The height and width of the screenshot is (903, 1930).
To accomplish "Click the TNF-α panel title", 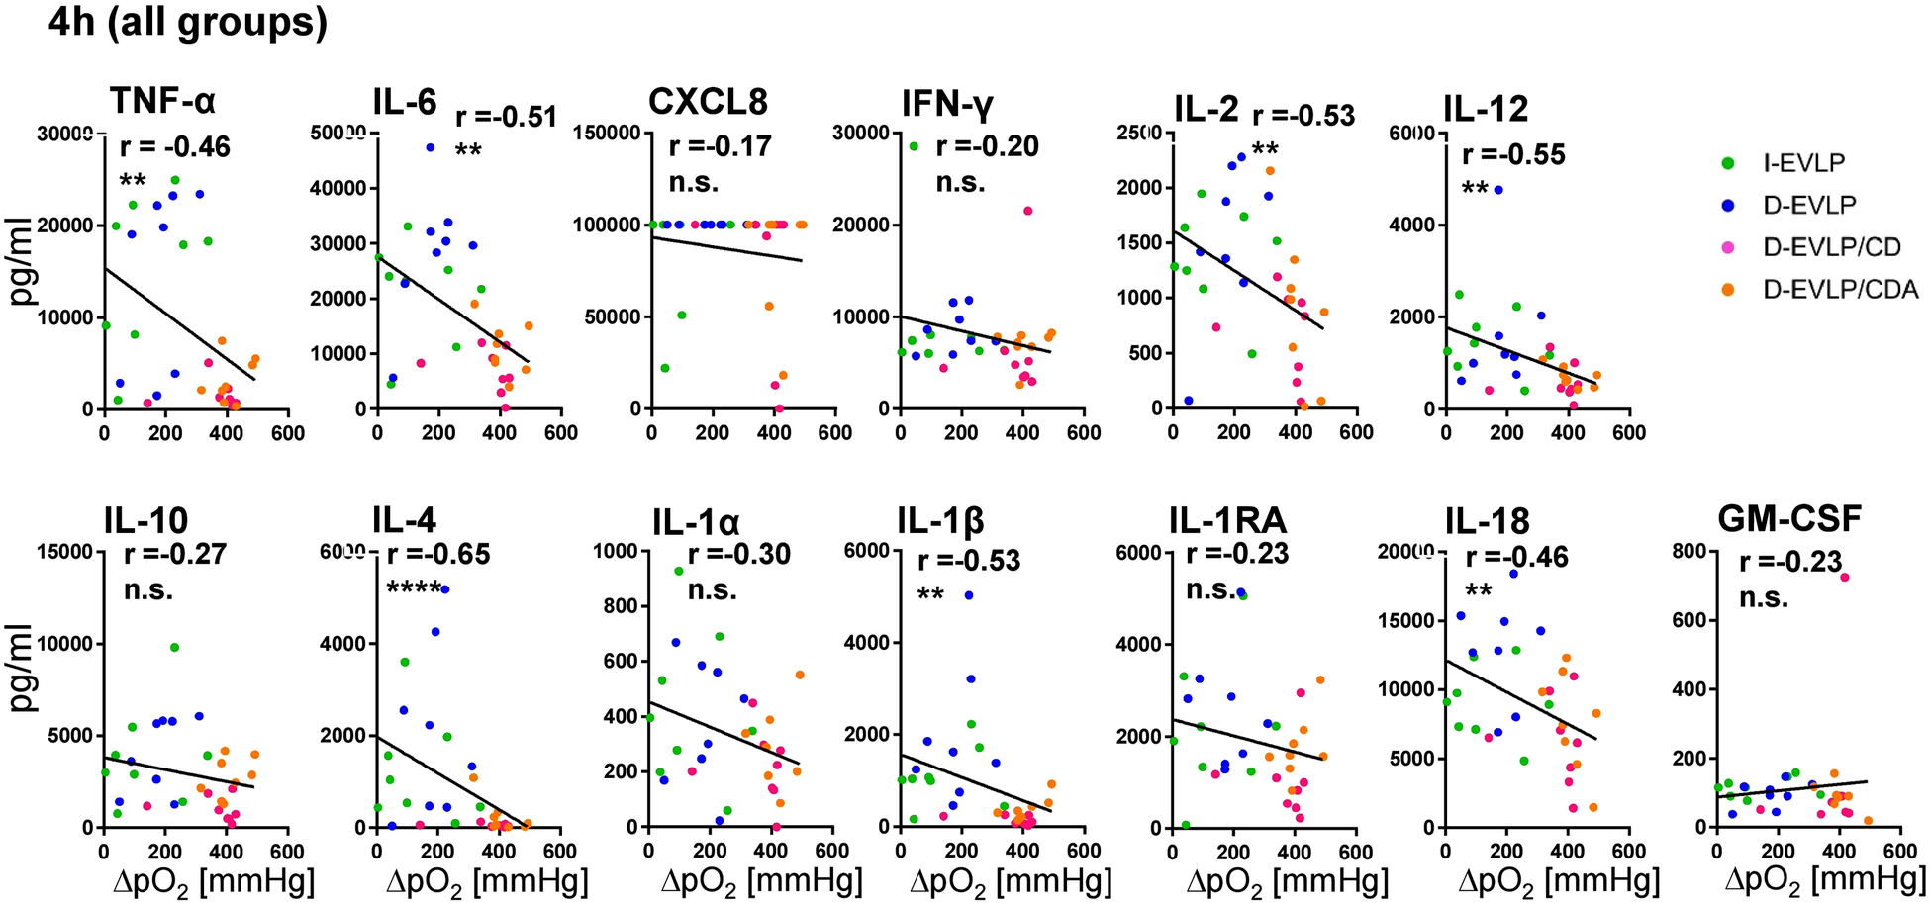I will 162,102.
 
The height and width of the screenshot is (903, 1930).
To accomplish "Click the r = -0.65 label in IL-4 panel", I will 438,554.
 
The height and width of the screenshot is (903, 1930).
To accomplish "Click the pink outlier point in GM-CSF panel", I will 1845,577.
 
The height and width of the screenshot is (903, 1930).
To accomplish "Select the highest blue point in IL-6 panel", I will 431,147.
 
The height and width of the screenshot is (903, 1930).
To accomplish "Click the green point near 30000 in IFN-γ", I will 914,146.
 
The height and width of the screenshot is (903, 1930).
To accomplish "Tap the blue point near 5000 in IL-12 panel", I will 1498,189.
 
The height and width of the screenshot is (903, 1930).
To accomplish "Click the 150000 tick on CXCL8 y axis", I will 606,133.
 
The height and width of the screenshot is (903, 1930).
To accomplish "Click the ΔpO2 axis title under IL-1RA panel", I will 1285,879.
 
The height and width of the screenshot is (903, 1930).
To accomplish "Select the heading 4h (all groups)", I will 187,22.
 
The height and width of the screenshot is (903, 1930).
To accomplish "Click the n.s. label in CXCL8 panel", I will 694,183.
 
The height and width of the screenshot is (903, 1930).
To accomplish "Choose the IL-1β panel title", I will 940,520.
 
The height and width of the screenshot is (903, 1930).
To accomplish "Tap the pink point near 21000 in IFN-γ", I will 1028,211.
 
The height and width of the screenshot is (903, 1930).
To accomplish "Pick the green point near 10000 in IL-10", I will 174,647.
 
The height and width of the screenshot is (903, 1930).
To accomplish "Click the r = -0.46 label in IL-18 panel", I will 1516,558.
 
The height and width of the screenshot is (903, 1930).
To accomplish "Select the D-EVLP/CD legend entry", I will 1831,247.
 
